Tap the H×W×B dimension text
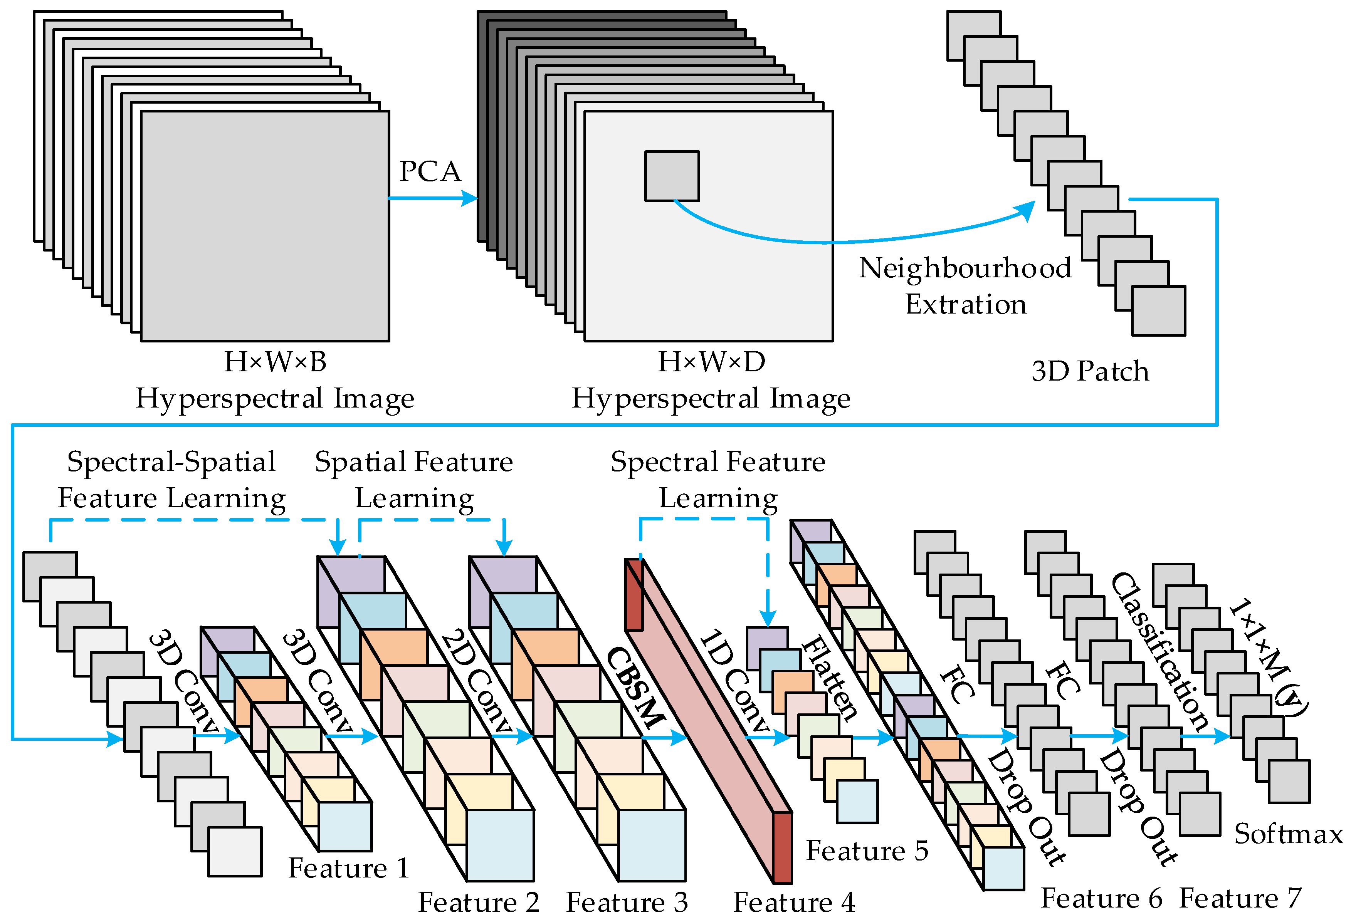click(x=275, y=362)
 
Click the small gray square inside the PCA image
click(x=671, y=176)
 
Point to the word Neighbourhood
click(x=965, y=268)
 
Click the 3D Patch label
click(x=1090, y=371)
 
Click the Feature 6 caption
click(x=1101, y=898)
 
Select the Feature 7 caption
click(x=1240, y=898)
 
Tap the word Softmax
click(x=1288, y=834)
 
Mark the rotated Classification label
click(x=1160, y=651)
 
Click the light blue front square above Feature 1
click(x=345, y=826)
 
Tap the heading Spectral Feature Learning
click(x=718, y=480)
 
